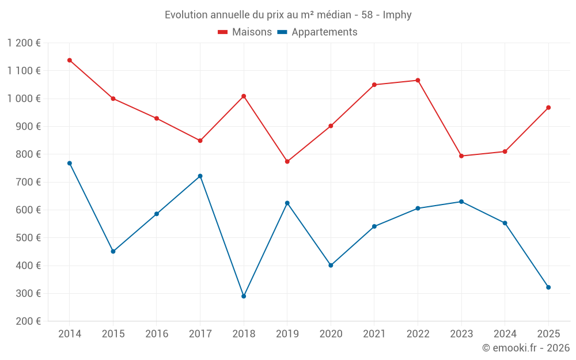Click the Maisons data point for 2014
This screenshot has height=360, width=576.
(69, 60)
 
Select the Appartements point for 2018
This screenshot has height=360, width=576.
(244, 296)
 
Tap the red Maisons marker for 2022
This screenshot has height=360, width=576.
(418, 80)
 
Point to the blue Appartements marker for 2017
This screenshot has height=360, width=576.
(200, 176)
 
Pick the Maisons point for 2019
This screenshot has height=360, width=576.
(287, 161)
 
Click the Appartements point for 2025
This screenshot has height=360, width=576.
(548, 287)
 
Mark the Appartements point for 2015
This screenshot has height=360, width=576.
(113, 251)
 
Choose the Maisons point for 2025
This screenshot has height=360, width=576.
(548, 107)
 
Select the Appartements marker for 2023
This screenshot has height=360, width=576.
(461, 202)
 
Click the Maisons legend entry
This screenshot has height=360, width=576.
(245, 32)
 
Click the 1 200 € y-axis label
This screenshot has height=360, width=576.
(24, 43)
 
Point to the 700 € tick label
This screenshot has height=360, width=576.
(28, 182)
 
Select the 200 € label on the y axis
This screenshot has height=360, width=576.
(28, 321)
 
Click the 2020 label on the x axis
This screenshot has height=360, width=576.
(331, 334)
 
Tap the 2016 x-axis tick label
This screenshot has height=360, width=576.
(157, 334)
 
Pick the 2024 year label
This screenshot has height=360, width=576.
(505, 334)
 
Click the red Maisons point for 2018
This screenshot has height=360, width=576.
(244, 96)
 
